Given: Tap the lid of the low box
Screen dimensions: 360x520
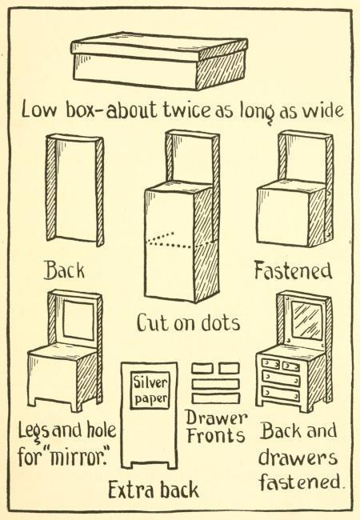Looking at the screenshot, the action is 159,47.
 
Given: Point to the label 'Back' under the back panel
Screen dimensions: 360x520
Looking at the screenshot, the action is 65,270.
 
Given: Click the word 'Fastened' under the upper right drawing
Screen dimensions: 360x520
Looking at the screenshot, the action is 293,270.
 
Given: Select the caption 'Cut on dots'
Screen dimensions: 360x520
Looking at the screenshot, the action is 188,322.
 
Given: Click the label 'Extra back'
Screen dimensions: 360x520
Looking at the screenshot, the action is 154,490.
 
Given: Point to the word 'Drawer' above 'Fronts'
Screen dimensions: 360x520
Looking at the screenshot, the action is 216,418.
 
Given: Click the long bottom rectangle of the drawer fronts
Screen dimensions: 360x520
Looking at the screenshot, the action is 216,398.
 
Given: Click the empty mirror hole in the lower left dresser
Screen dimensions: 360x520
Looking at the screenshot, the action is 78,320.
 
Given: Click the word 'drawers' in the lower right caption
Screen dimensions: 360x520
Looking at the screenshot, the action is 298,458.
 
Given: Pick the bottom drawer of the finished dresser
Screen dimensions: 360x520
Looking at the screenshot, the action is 281,394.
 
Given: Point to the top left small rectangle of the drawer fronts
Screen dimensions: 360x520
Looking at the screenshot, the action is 202,368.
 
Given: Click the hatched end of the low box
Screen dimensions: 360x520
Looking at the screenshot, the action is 222,69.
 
